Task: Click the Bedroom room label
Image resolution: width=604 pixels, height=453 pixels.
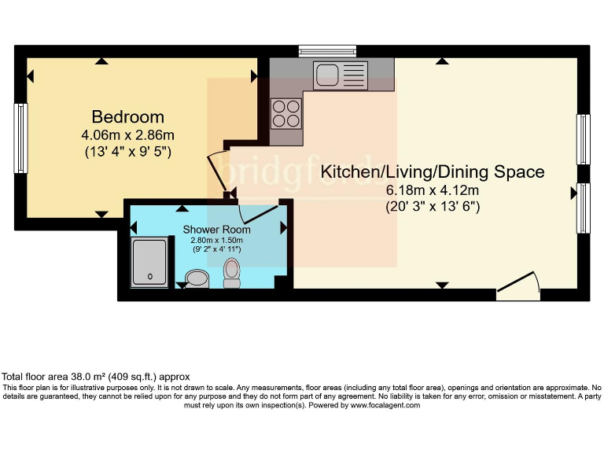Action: pyautogui.click(x=127, y=117)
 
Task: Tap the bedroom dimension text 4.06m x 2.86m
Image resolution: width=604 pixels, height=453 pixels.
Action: pyautogui.click(x=127, y=134)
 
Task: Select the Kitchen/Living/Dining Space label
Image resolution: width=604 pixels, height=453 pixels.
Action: pyautogui.click(x=433, y=171)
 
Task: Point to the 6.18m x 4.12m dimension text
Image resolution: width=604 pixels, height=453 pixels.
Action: pyautogui.click(x=433, y=190)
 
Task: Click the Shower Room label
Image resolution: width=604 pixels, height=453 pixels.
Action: pyautogui.click(x=217, y=230)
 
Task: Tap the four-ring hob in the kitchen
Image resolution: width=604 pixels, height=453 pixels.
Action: pyautogui.click(x=285, y=112)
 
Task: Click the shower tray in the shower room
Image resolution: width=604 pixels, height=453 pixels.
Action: pyautogui.click(x=149, y=260)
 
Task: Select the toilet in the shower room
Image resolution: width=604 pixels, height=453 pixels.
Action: pyautogui.click(x=232, y=272)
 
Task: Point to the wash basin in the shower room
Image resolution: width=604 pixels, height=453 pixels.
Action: pyautogui.click(x=196, y=278)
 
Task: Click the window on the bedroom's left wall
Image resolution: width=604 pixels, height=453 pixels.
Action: pyautogui.click(x=21, y=138)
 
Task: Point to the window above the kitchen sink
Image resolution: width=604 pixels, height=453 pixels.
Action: pyautogui.click(x=328, y=51)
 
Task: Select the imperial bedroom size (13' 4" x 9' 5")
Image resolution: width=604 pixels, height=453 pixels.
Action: pyautogui.click(x=127, y=151)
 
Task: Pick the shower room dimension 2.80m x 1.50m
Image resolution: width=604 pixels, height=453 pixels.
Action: pyautogui.click(x=217, y=240)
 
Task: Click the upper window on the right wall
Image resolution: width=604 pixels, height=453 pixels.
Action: pyautogui.click(x=583, y=140)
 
